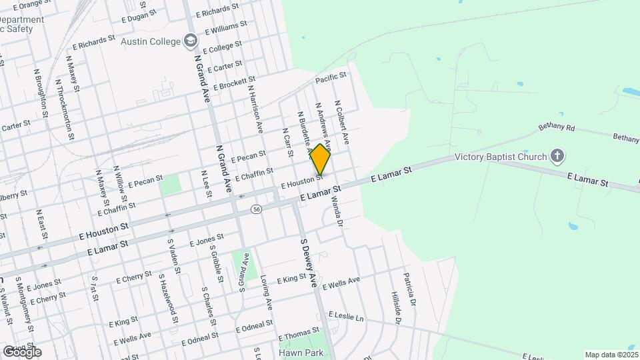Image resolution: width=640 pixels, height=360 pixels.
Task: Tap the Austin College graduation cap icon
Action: click(x=191, y=41)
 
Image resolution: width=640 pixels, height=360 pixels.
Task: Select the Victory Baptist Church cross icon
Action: click(x=557, y=157)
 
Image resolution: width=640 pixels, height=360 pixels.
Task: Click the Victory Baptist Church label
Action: click(x=501, y=158)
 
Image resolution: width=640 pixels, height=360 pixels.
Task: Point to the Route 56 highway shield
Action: click(x=256, y=209)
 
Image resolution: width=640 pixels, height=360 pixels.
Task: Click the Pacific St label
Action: click(x=331, y=79)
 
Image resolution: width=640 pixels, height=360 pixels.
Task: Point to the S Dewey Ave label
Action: click(x=308, y=263)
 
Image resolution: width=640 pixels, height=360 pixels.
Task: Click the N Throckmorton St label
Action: click(x=65, y=110)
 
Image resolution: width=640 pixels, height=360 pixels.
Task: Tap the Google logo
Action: click(x=22, y=351)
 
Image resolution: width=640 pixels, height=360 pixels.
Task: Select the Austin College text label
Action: click(x=151, y=41)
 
